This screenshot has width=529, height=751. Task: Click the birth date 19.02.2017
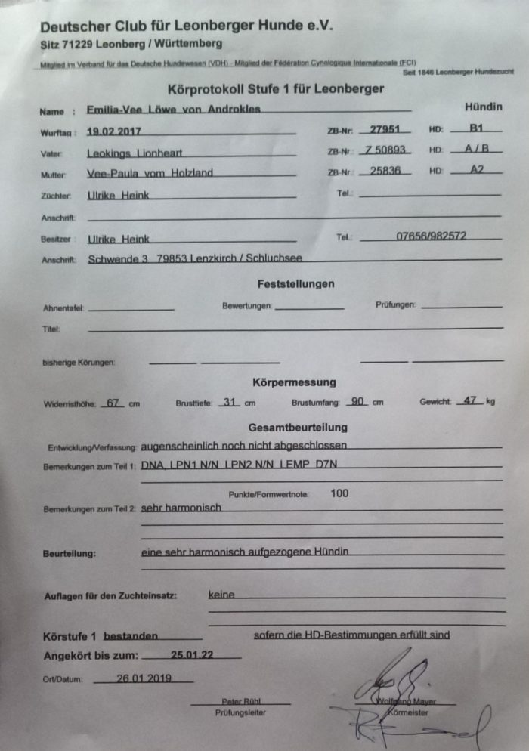115,131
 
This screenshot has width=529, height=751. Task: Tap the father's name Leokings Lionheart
135,153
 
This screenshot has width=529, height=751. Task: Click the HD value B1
476,128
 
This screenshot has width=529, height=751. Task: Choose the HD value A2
476,170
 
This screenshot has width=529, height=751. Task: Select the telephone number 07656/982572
431,236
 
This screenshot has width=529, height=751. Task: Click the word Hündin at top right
483,107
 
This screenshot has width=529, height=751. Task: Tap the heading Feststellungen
291,284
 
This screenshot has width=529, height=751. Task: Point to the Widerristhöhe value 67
114,402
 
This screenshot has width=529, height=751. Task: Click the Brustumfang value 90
357,401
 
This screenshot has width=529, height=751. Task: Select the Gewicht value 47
469,400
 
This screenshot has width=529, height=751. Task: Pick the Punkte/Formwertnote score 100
340,493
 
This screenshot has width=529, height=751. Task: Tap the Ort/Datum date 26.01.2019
144,678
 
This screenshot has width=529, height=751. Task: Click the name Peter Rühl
240,701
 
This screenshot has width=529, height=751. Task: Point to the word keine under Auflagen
221,595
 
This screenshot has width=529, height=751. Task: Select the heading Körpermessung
294,382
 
